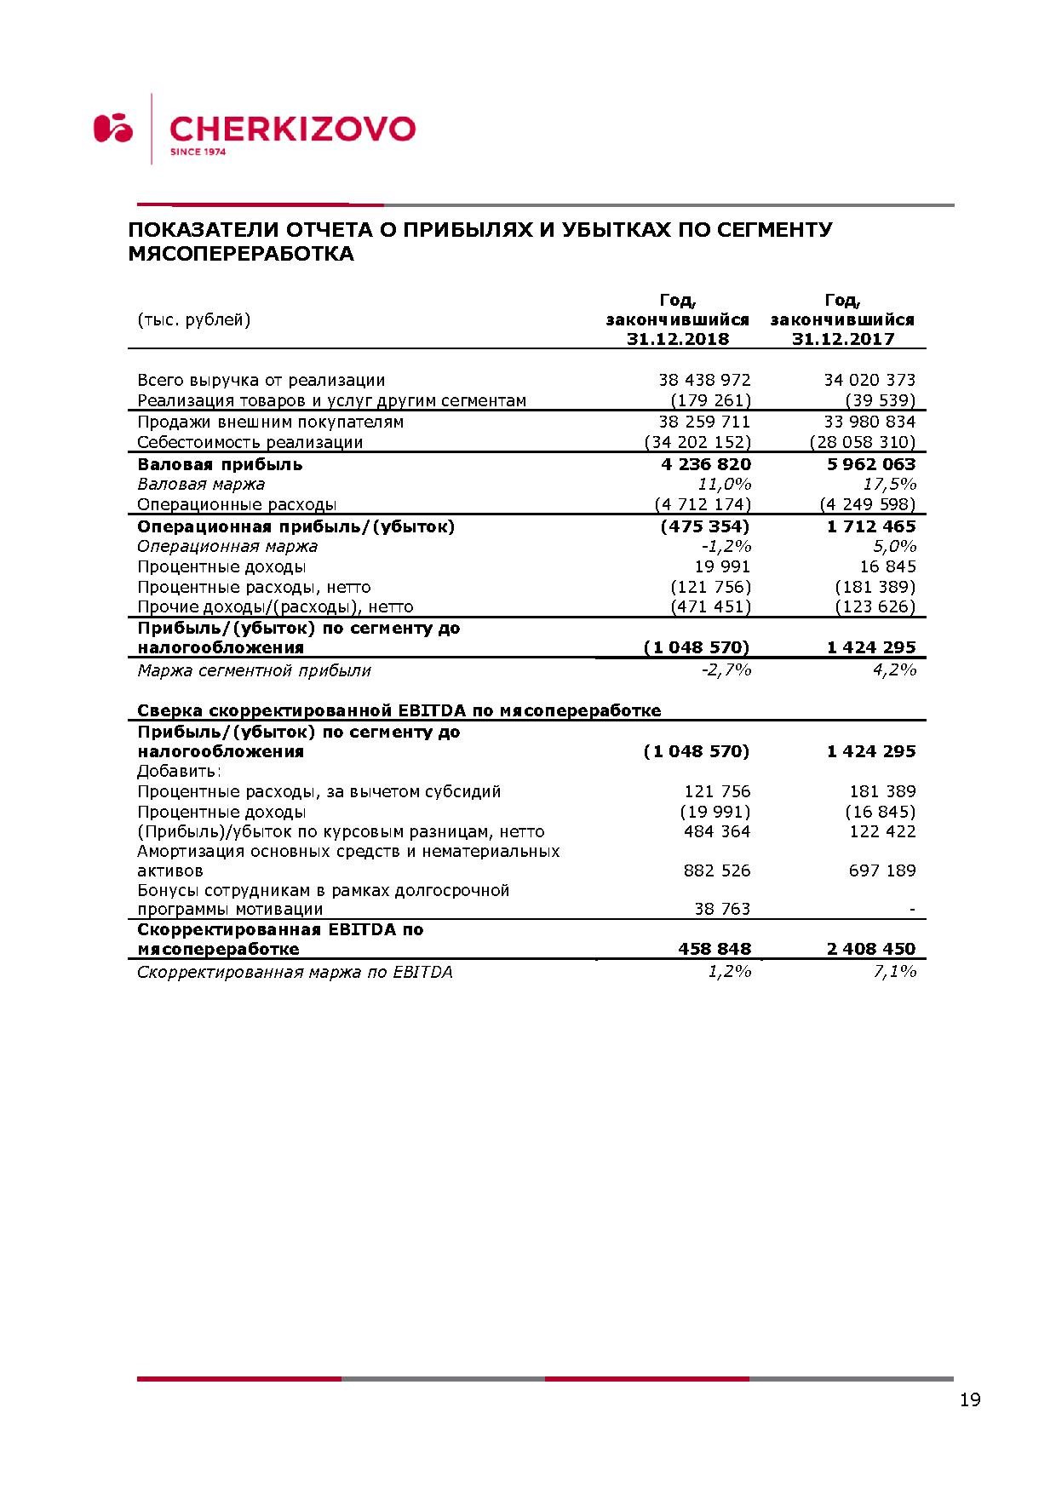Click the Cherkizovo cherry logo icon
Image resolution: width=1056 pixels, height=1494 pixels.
[x=113, y=128]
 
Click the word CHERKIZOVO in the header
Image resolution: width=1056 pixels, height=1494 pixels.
[x=292, y=129]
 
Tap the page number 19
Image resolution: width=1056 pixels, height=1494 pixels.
[x=970, y=1399]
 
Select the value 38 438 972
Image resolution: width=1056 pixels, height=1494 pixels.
[x=704, y=380]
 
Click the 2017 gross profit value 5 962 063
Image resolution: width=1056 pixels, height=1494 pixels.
[x=870, y=464]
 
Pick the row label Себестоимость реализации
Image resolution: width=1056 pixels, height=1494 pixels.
[x=250, y=442]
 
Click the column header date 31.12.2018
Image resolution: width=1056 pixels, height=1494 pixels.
[x=678, y=339]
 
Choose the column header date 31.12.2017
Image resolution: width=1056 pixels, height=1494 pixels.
[x=843, y=339]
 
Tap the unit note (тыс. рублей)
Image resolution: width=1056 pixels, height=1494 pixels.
[x=194, y=319]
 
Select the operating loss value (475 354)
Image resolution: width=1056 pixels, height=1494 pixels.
[x=705, y=526]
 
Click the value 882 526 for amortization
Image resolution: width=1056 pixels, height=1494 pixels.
[x=717, y=871]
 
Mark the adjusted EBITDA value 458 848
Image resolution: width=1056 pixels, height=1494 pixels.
[x=715, y=949]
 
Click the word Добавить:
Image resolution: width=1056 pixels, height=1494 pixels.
[x=179, y=772]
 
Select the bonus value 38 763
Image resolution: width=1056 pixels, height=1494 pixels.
[x=722, y=909]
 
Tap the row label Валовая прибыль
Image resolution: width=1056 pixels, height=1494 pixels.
[x=220, y=464]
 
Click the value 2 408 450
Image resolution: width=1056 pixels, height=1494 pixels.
[x=870, y=949]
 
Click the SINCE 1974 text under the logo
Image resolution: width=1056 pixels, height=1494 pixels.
[x=198, y=152]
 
